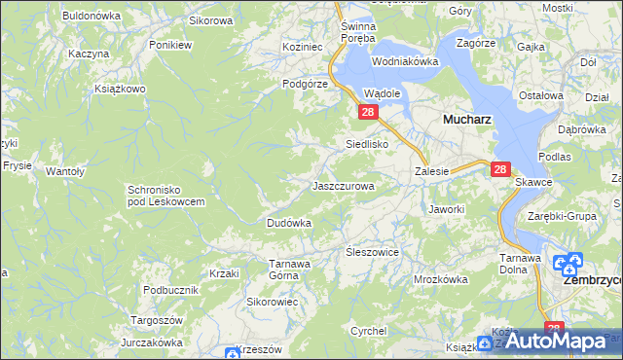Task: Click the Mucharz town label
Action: click(x=465, y=119)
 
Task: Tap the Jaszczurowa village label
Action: click(x=343, y=185)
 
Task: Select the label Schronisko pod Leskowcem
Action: click(x=165, y=195)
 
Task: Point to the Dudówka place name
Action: click(x=289, y=223)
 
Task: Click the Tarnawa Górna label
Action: click(x=289, y=269)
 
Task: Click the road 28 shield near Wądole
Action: click(x=368, y=113)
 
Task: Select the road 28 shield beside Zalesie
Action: click(x=499, y=169)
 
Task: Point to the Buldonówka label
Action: click(x=91, y=16)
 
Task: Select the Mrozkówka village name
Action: click(x=440, y=278)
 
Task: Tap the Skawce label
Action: click(x=534, y=181)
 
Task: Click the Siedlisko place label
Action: click(x=368, y=144)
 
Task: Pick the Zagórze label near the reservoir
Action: click(x=475, y=44)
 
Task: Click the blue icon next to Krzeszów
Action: click(x=232, y=352)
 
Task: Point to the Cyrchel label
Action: click(x=369, y=331)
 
